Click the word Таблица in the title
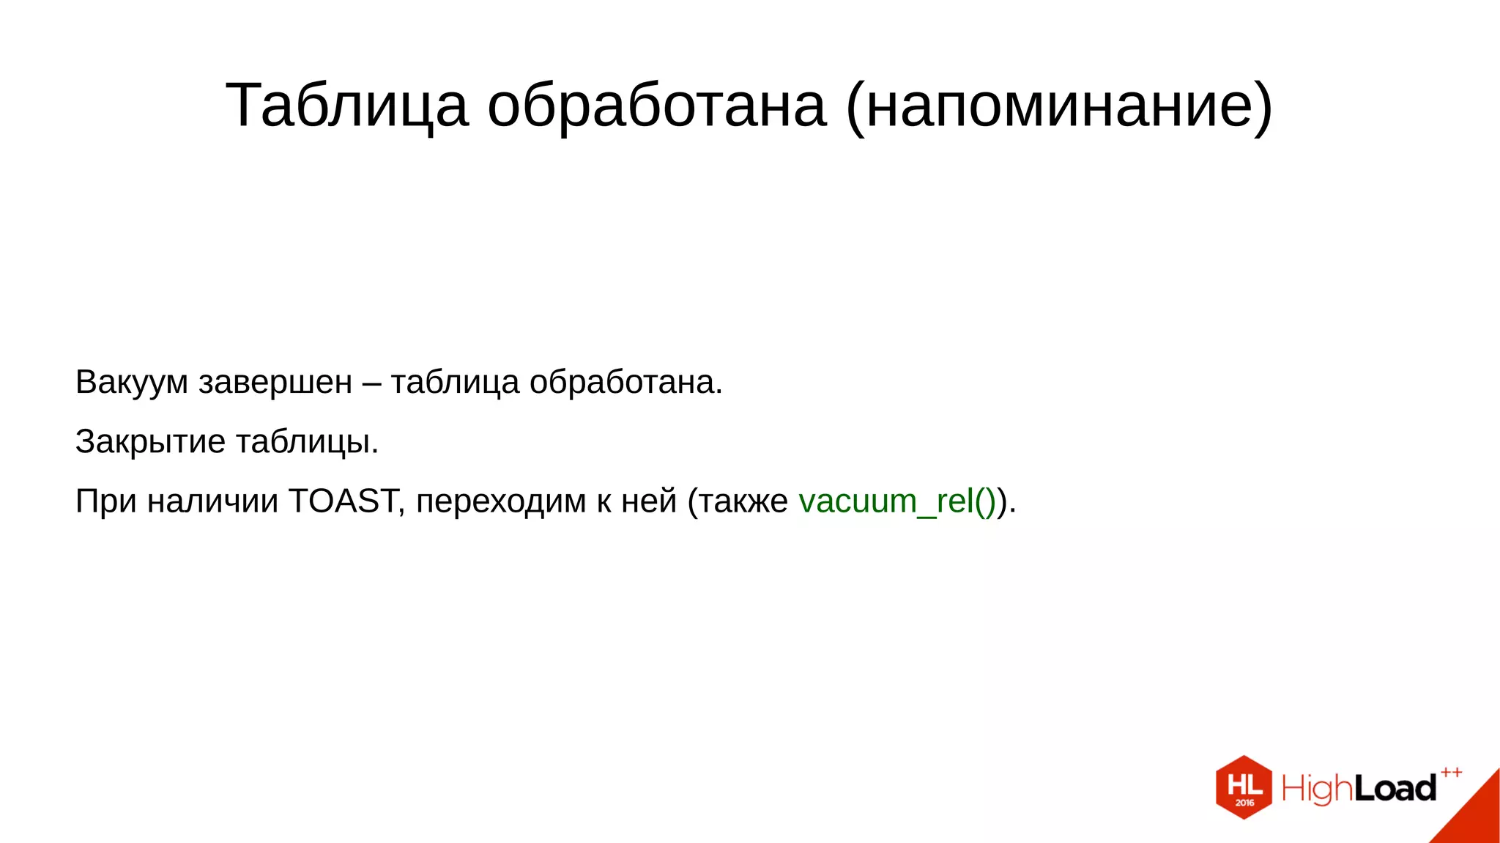[346, 106]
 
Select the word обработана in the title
[657, 106]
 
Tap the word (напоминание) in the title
[1059, 106]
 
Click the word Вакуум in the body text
[132, 383]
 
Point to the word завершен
[275, 383]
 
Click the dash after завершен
[371, 383]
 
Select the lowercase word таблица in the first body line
[455, 383]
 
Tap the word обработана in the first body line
[625, 383]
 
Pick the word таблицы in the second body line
[307, 442]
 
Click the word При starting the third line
[105, 501]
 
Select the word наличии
[212, 501]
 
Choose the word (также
[738, 501]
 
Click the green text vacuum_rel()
[897, 501]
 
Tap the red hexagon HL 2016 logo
[1244, 787]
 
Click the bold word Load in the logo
[1395, 789]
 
